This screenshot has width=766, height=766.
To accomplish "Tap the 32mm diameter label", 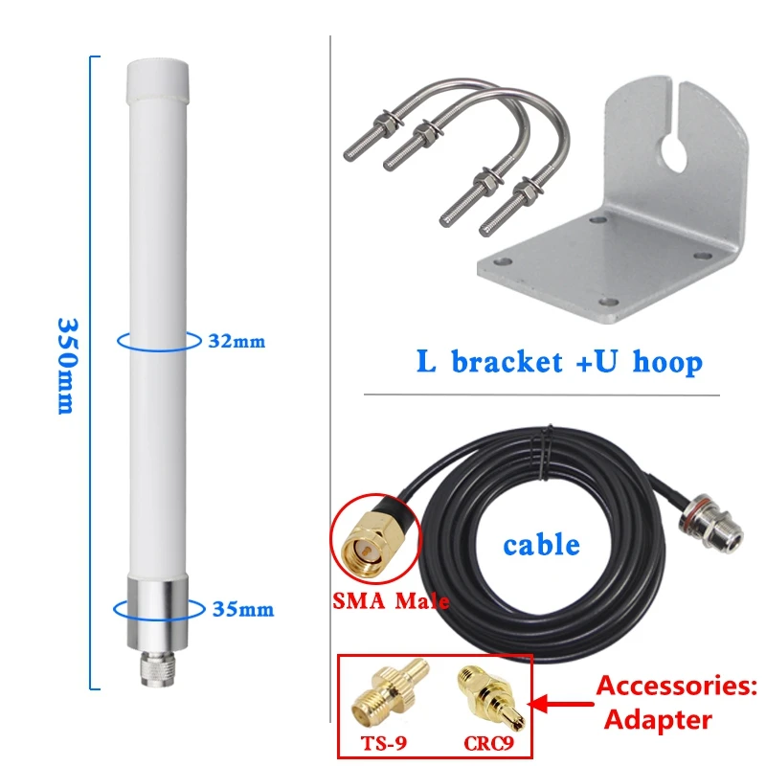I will coord(237,340).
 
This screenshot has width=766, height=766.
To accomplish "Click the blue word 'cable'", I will coord(541,545).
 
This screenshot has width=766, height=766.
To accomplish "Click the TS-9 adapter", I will coord(383,698).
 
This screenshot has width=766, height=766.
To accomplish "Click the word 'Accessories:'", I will coord(677,687).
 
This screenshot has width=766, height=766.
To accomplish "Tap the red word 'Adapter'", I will coord(658,720).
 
